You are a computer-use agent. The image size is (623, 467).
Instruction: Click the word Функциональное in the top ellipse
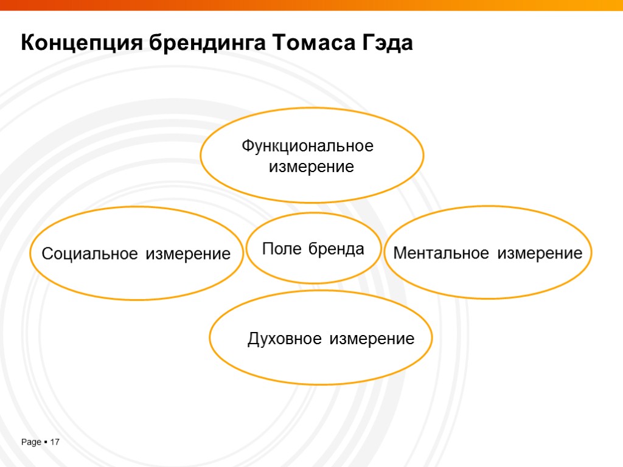pos(307,147)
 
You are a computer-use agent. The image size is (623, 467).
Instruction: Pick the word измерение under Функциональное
pos(311,167)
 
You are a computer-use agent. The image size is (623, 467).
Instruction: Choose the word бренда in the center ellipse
pos(336,248)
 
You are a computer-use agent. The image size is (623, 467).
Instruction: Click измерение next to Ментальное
pos(540,253)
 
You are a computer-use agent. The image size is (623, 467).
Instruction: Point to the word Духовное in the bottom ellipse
pos(284,339)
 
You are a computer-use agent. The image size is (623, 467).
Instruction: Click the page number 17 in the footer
pos(55,442)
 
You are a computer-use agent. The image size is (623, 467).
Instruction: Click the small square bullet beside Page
pos(46,442)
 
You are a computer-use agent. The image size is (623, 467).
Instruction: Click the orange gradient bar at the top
pos(311,5)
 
